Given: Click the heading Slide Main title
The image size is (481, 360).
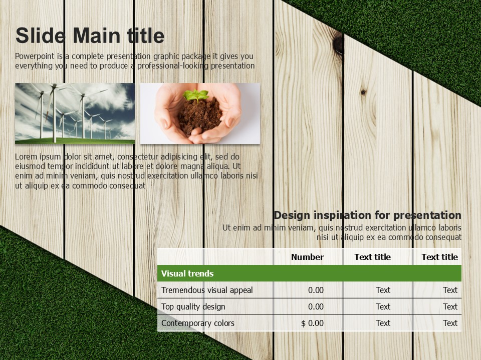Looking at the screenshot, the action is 90,36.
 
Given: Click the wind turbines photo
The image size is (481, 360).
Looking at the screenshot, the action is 75,113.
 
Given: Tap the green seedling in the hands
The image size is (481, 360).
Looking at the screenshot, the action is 196,95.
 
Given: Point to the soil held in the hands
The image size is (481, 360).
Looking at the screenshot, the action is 200,115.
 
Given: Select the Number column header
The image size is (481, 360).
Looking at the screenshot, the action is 307,257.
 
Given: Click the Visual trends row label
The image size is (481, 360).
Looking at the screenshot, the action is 187,273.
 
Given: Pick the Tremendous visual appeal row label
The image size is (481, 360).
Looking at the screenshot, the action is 207,290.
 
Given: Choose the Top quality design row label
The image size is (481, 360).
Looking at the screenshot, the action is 193,306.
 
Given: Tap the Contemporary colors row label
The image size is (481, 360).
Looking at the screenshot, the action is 198,323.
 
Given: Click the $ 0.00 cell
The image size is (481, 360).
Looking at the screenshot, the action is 312,323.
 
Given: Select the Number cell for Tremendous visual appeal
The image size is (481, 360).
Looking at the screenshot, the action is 316,290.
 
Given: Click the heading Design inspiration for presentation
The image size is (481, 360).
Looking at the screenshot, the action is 367,215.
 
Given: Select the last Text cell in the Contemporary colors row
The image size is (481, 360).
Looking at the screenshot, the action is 450,323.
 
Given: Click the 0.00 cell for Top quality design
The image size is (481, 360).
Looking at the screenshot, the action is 316,306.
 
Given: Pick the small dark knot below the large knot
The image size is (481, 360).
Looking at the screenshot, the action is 363,92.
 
